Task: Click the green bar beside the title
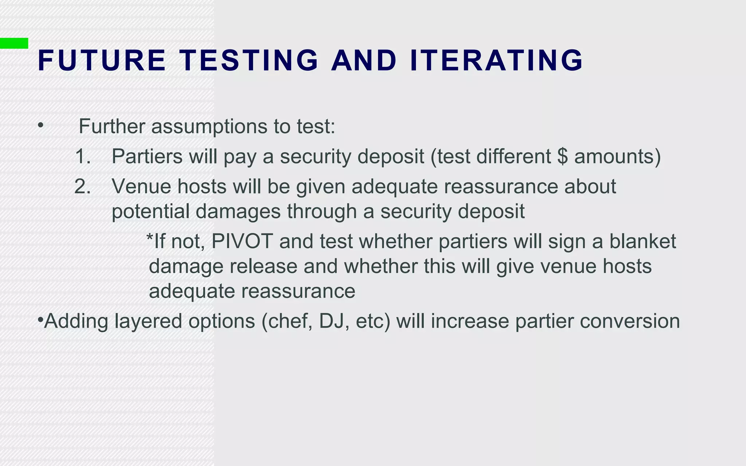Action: (x=14, y=43)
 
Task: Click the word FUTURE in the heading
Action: (x=102, y=60)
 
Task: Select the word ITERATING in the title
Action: (x=496, y=60)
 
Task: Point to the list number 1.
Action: (x=83, y=157)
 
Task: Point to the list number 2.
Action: (x=83, y=186)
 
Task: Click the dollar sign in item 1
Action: (x=562, y=157)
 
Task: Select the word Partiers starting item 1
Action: (x=147, y=157)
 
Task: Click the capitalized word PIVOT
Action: (x=242, y=241)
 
